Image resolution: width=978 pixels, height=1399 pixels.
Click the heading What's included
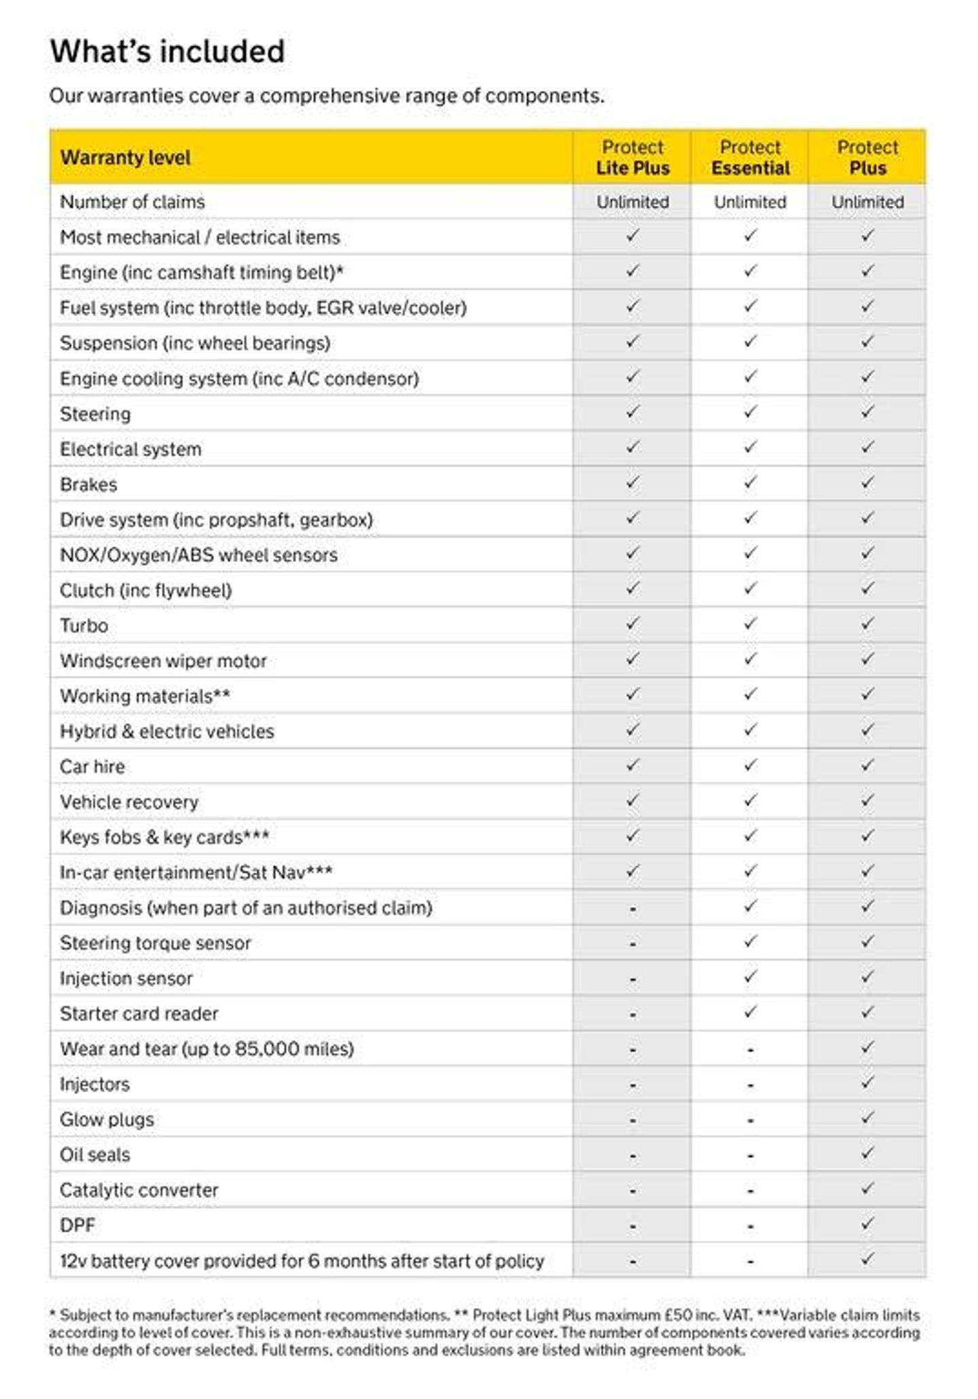tap(167, 52)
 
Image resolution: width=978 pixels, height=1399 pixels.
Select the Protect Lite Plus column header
tap(632, 158)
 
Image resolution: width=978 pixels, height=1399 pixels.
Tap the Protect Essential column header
tap(750, 158)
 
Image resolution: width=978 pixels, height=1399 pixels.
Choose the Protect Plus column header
tap(867, 158)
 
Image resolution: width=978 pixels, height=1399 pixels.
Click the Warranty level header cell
tap(126, 158)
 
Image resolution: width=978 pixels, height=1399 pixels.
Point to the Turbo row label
tap(84, 625)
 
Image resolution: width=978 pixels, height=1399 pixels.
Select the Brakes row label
tap(89, 484)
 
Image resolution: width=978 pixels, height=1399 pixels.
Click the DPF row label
tap(77, 1225)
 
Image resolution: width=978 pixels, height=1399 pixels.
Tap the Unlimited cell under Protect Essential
tap(750, 202)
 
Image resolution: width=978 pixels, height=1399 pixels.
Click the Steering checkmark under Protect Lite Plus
tap(632, 412)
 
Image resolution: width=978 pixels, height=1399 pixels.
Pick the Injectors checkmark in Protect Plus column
tap(867, 1082)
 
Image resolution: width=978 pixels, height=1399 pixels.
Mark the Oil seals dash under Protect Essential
tap(750, 1156)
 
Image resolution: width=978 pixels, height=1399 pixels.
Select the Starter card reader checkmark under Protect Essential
tap(750, 1012)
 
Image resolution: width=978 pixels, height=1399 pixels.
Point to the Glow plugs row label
tap(107, 1119)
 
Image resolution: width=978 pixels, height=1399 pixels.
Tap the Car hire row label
tap(92, 766)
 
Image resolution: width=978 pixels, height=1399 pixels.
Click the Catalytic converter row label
tap(139, 1190)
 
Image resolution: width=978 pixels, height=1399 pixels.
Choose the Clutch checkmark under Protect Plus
tap(867, 588)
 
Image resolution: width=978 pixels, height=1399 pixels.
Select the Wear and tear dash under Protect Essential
tap(750, 1050)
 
